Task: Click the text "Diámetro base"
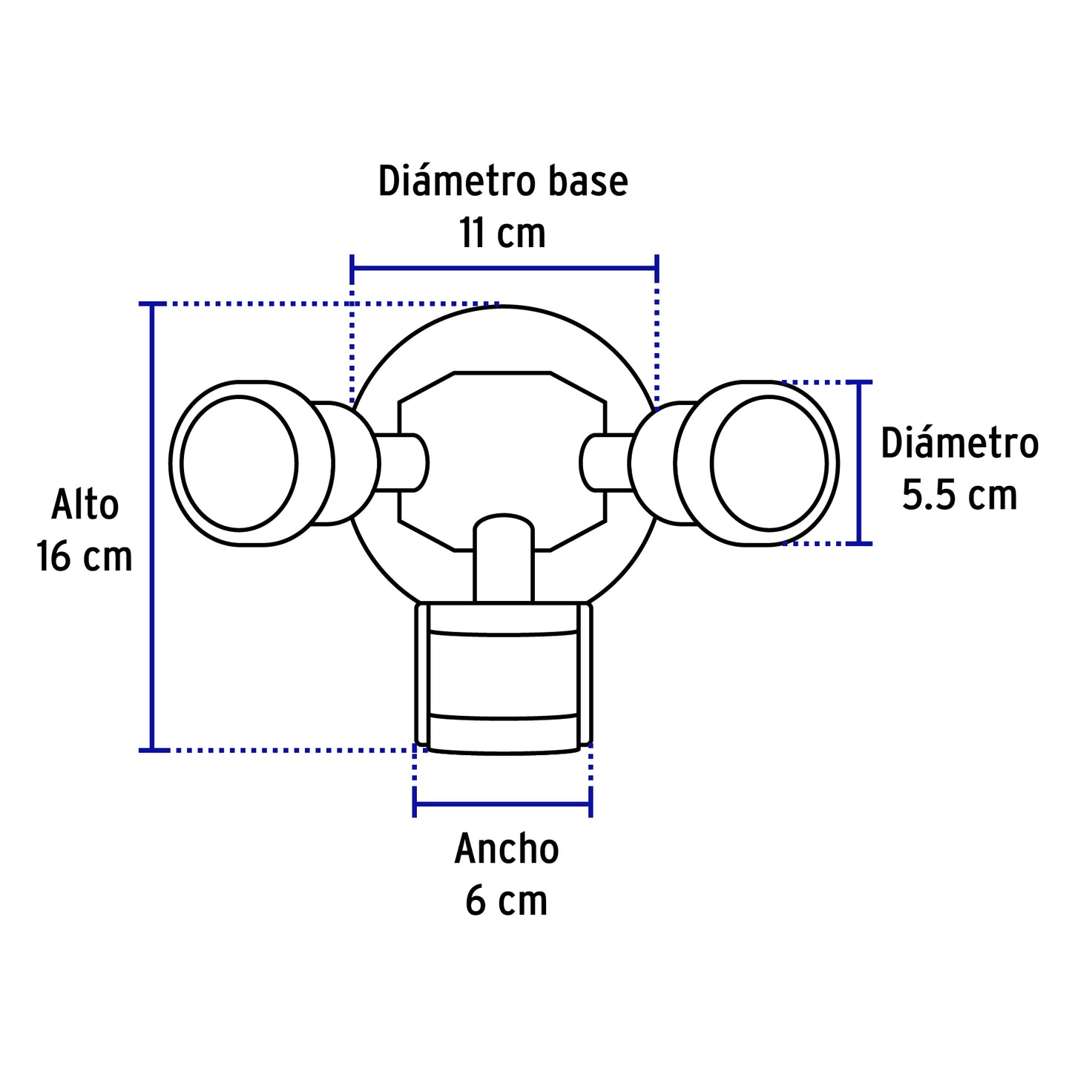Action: tap(503, 182)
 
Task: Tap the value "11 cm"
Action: tap(502, 233)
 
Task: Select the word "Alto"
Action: tap(85, 506)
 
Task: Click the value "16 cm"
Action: tap(85, 557)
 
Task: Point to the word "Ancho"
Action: tap(506, 849)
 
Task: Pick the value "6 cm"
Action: tap(506, 901)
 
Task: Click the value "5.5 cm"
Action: tap(959, 496)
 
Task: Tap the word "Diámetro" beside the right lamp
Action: tap(959, 444)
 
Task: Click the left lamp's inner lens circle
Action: tap(239, 464)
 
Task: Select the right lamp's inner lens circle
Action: tap(769, 464)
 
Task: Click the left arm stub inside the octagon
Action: tap(405, 463)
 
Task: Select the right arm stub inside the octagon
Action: tap(602, 463)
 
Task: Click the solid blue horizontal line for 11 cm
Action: tap(504, 268)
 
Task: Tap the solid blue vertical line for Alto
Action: tap(152, 527)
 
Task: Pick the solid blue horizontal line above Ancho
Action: tap(502, 803)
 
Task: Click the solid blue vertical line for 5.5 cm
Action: tap(859, 463)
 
